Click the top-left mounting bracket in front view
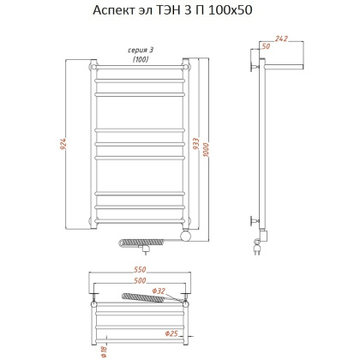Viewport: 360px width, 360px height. click(x=91, y=64)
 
